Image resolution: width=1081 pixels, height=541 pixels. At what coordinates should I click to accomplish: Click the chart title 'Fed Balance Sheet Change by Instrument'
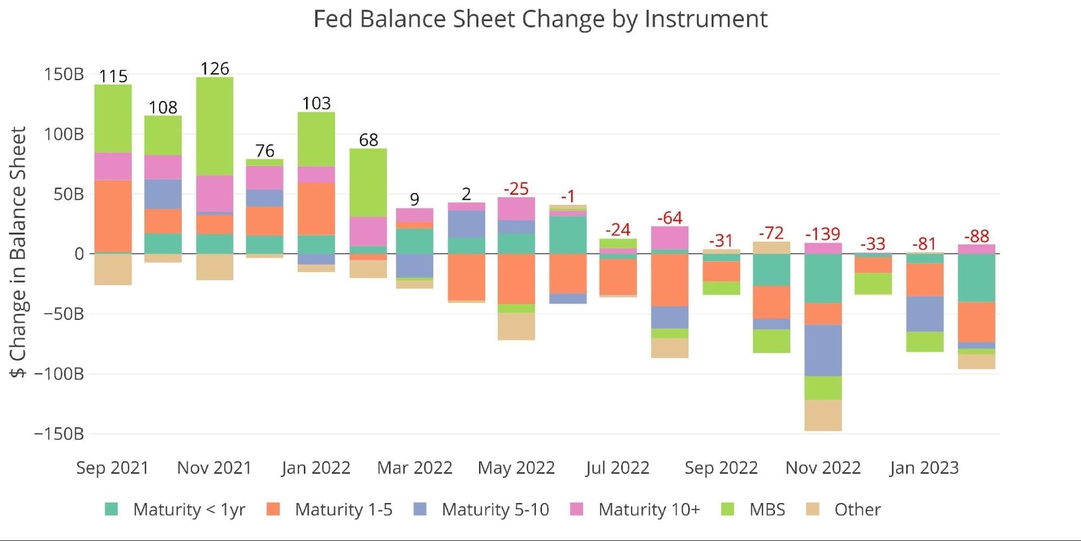click(x=540, y=19)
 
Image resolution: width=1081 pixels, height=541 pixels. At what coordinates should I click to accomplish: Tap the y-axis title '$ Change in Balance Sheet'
click(x=18, y=252)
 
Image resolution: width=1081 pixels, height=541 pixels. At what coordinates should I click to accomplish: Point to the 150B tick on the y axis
click(x=64, y=74)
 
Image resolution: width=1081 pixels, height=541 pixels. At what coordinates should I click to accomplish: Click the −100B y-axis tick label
click(x=59, y=374)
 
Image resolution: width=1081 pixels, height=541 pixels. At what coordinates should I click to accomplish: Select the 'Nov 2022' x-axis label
click(x=823, y=467)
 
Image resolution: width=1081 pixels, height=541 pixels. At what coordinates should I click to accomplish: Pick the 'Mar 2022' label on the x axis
click(x=415, y=467)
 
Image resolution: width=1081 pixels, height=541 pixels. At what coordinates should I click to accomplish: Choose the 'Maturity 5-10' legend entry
click(x=481, y=509)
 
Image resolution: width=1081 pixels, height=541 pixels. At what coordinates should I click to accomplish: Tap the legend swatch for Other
click(x=812, y=509)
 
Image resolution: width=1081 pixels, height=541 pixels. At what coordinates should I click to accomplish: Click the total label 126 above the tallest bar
click(x=215, y=69)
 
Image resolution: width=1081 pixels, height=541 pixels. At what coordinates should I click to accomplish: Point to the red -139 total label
click(x=823, y=234)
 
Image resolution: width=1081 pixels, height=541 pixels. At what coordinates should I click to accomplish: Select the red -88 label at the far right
click(x=977, y=236)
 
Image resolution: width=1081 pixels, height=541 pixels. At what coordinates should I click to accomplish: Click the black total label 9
click(x=415, y=200)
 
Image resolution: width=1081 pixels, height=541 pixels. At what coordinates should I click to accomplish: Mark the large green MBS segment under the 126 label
click(x=215, y=126)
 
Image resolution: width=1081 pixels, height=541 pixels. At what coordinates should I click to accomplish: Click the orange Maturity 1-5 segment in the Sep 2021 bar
click(x=113, y=216)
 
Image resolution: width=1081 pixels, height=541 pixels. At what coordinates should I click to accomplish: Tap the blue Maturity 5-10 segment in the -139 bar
click(x=823, y=351)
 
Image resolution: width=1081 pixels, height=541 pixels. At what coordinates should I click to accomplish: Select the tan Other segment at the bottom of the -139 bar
click(x=823, y=415)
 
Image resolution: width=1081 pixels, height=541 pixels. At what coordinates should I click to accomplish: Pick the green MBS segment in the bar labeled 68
click(x=368, y=183)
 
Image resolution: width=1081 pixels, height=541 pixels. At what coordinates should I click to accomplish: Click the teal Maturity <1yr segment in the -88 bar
click(x=977, y=278)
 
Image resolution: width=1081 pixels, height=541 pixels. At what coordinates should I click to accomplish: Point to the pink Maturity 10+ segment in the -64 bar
click(x=669, y=238)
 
